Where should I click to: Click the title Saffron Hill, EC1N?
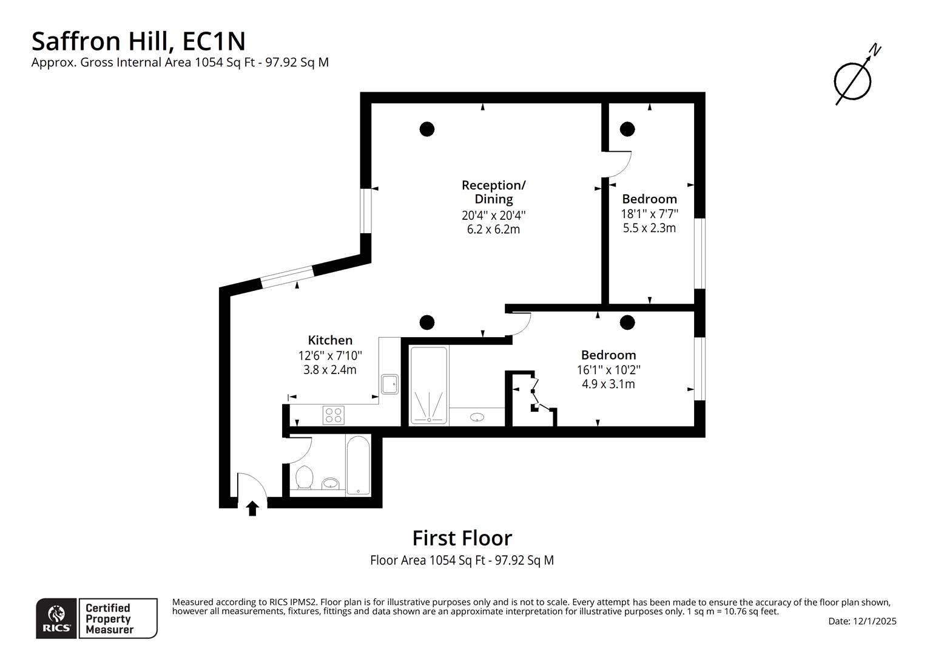138,41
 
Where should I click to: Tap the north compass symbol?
854,78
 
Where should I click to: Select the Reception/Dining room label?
493,191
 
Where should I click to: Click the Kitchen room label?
329,340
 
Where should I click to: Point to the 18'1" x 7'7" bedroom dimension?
649,214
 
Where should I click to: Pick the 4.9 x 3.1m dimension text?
608,384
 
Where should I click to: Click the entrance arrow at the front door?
252,508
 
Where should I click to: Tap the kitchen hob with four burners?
334,415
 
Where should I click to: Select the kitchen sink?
389,384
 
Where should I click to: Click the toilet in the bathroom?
303,477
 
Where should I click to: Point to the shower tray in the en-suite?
429,385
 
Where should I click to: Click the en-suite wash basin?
477,417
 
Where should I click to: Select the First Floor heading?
462,538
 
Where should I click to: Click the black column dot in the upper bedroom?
627,129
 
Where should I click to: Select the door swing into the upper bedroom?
619,164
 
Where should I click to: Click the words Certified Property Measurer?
108,618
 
